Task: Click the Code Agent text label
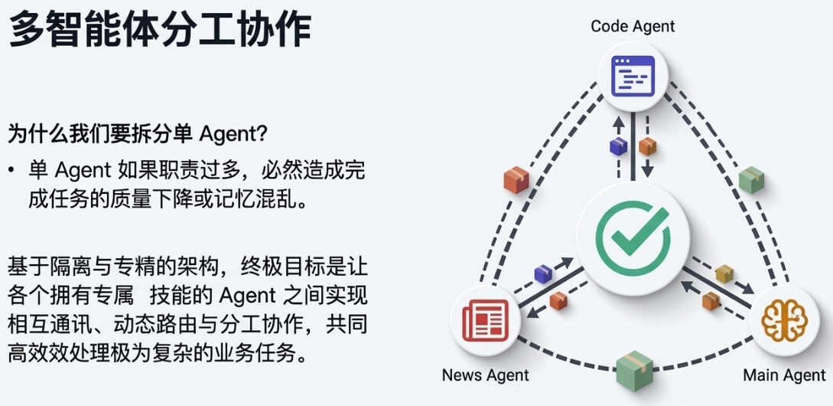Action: point(633,26)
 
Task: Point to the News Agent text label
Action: point(485,375)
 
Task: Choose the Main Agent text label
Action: point(784,375)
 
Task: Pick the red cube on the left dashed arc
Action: point(516,179)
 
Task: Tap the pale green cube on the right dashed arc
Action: point(751,179)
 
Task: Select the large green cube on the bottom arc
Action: point(633,371)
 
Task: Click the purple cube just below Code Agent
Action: point(617,146)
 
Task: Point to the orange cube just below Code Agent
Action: point(648,146)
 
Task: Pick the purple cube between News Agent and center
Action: point(543,273)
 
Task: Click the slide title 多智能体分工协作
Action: point(160,31)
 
